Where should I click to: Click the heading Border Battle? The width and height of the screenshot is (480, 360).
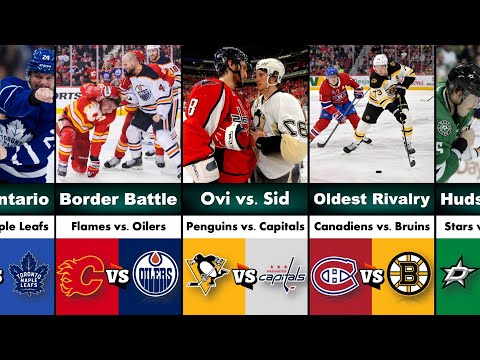click(118, 197)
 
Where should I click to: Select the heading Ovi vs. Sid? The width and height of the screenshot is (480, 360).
click(245, 197)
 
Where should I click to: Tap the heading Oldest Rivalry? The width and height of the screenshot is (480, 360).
click(371, 197)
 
